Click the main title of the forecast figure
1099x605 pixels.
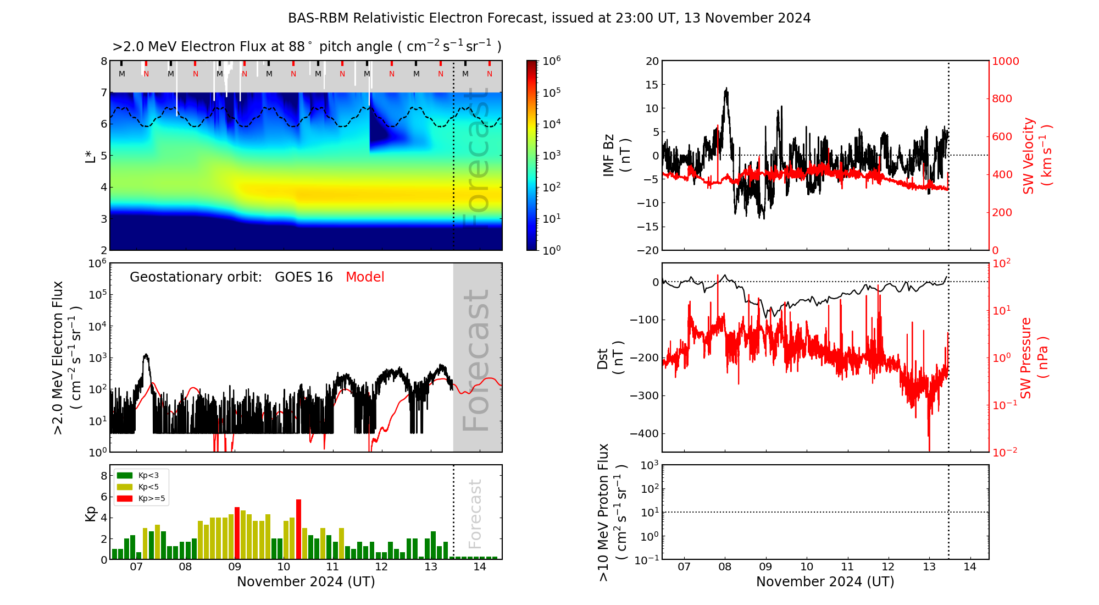pos(549,18)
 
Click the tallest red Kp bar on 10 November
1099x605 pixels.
pos(299,528)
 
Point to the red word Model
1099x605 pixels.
pos(365,277)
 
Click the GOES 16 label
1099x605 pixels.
pos(304,277)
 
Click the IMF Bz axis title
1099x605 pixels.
pos(617,155)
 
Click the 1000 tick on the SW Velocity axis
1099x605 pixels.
pos(1006,61)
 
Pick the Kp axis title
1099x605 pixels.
pos(91,513)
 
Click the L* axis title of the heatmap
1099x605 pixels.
pos(91,155)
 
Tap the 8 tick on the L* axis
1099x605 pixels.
pos(103,61)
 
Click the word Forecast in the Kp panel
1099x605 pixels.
pos(475,514)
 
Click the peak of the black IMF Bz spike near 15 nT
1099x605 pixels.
pos(726,88)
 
